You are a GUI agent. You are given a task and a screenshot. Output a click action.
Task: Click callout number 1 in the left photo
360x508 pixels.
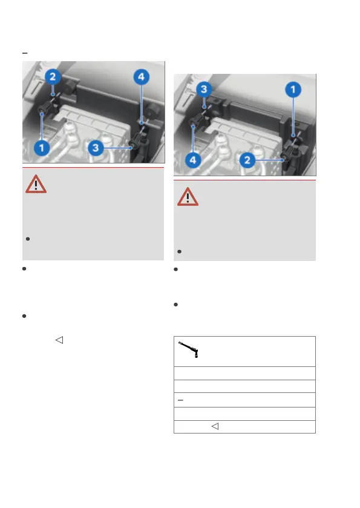click(x=42, y=148)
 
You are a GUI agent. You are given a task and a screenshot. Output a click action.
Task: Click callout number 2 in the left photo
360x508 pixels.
click(x=53, y=77)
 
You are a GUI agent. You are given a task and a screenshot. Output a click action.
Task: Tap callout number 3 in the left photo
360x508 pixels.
click(x=96, y=148)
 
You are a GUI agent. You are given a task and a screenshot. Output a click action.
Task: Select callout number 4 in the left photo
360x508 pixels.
click(x=142, y=77)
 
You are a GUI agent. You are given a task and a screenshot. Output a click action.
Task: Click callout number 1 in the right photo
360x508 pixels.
click(x=293, y=90)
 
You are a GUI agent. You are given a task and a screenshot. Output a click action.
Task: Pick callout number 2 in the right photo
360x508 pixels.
click(x=247, y=160)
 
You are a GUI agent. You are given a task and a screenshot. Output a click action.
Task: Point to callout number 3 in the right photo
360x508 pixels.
click(x=204, y=89)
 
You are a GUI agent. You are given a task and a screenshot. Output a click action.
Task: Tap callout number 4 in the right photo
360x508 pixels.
click(x=193, y=160)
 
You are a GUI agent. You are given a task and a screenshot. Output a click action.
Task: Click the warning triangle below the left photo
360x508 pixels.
click(x=36, y=184)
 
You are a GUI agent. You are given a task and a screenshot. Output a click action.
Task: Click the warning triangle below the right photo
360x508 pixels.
click(x=188, y=197)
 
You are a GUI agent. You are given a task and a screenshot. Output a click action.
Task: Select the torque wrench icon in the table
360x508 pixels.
click(x=188, y=349)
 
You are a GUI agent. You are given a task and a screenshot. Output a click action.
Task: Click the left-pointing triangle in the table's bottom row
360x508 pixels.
click(x=215, y=426)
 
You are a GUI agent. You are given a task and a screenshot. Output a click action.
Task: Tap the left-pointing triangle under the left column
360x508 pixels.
click(x=59, y=340)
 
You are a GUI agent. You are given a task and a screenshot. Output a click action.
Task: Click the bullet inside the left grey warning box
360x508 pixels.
click(x=28, y=239)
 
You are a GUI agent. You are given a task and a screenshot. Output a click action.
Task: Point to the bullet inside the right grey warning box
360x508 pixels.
click(x=179, y=252)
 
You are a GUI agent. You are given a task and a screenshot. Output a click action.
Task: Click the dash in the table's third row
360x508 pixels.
click(x=181, y=400)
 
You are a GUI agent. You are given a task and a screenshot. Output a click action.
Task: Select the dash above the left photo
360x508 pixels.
click(x=25, y=53)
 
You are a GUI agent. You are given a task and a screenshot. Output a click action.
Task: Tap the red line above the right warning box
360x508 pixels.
click(x=245, y=180)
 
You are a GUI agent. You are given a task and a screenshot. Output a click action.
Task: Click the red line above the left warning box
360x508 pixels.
click(x=93, y=168)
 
